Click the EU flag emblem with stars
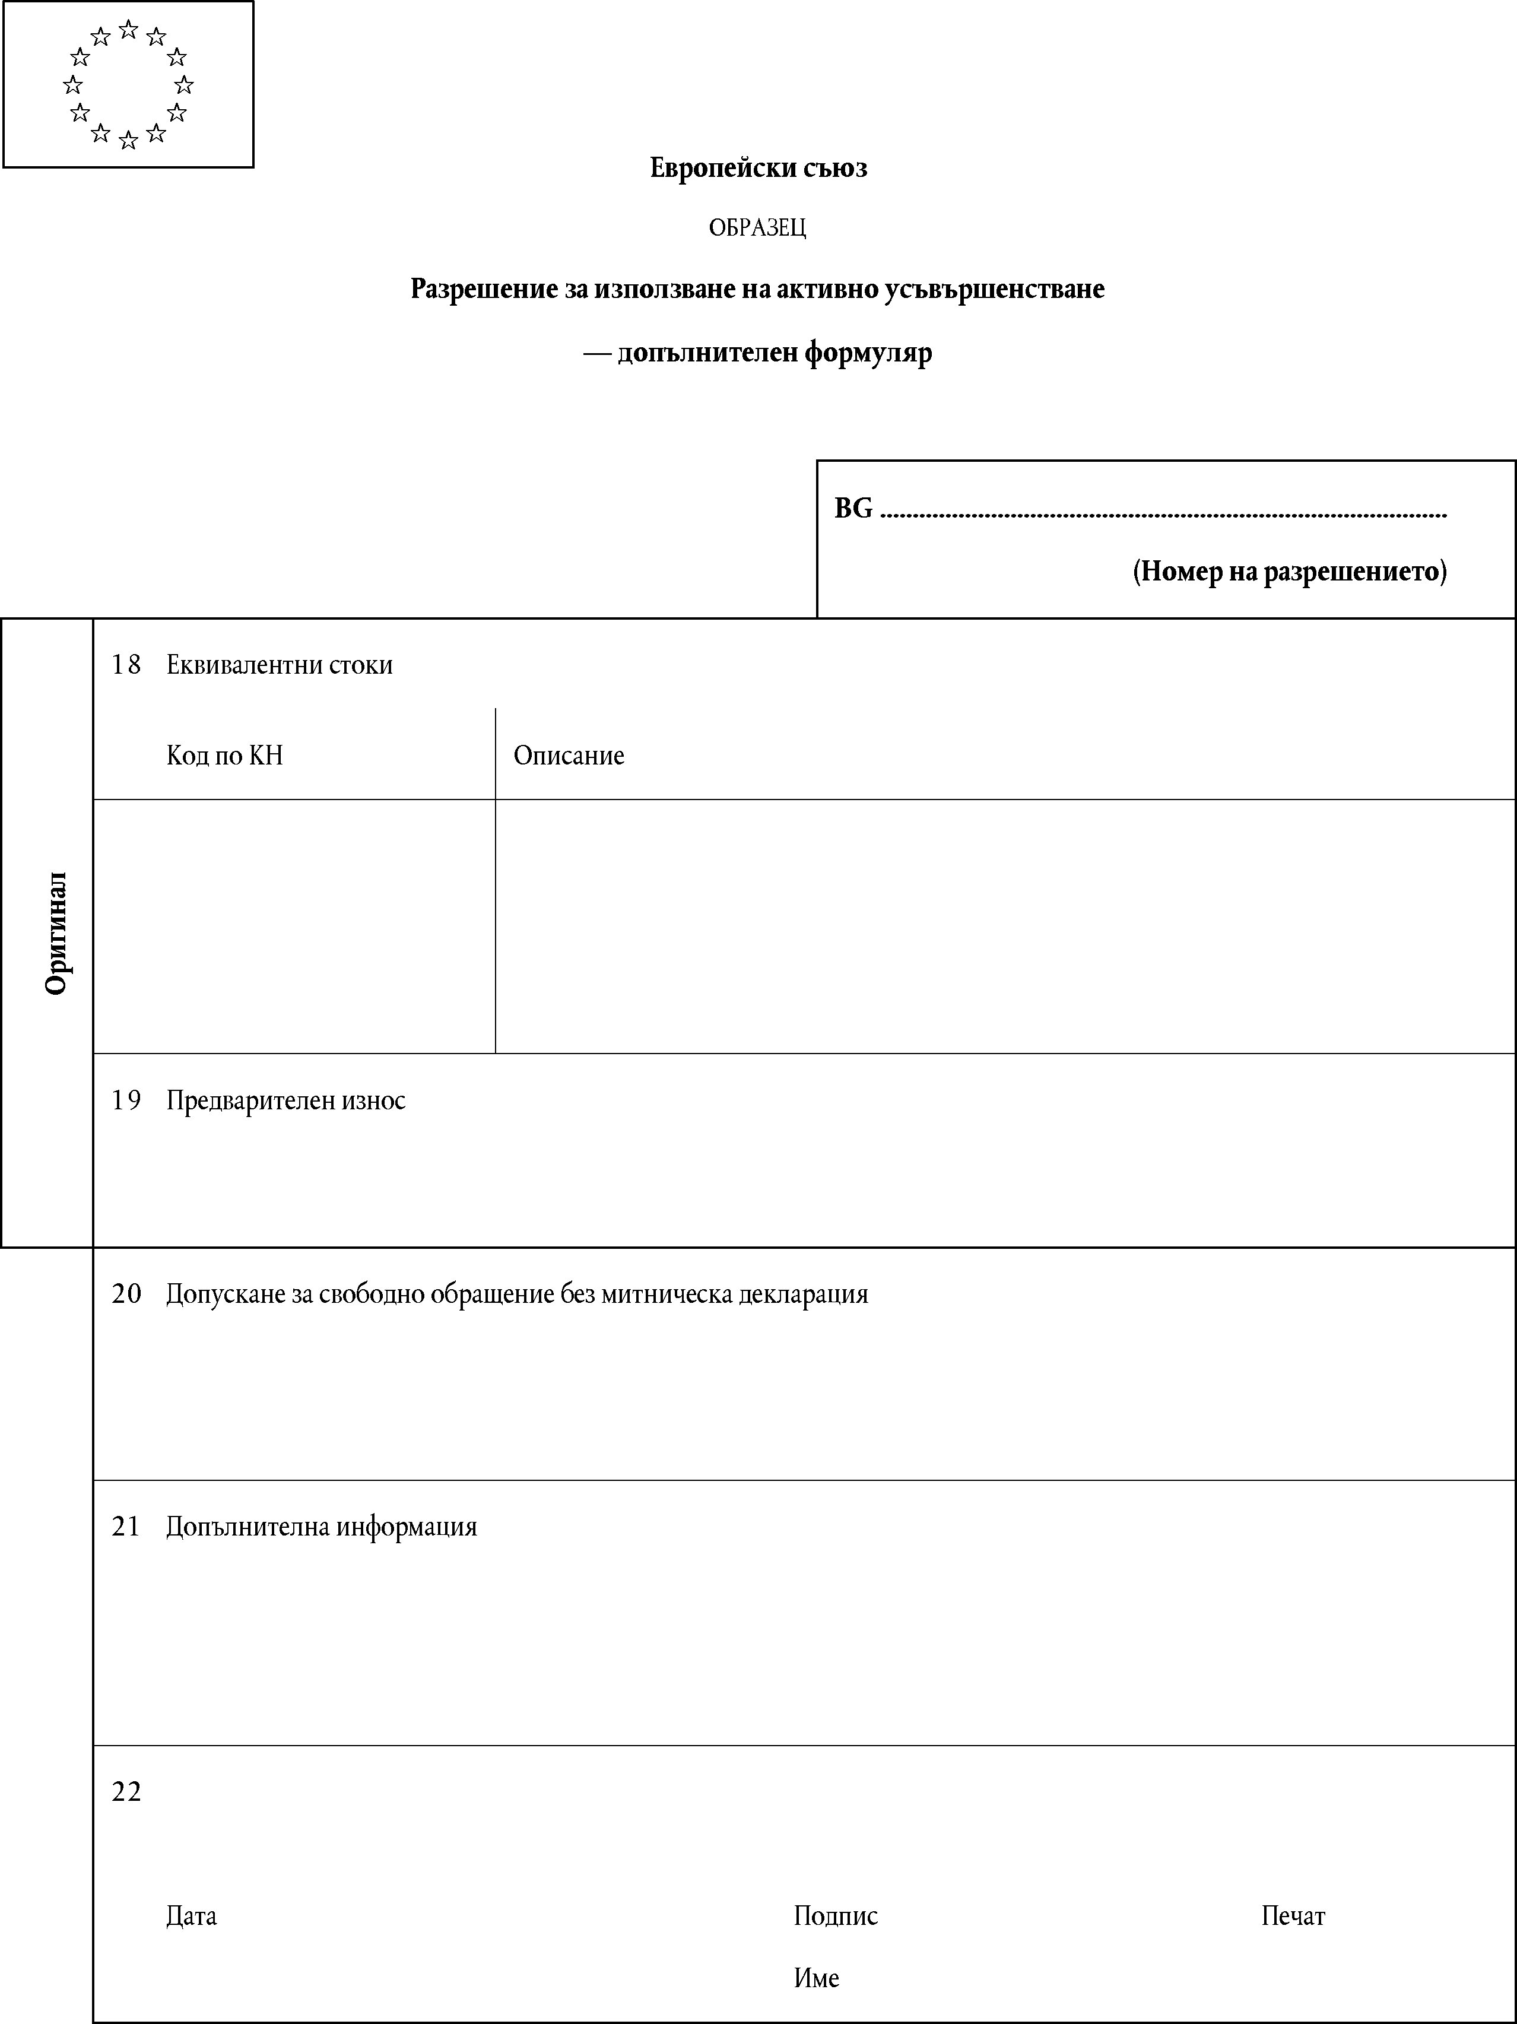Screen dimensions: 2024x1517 coord(128,84)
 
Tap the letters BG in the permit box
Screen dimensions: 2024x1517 coord(853,509)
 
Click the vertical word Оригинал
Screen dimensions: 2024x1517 coord(57,932)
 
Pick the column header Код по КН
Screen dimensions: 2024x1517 coord(224,756)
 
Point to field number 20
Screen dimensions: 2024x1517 coord(126,1295)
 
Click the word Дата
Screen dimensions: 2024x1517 coord(191,1916)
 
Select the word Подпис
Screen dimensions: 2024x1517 coord(835,1916)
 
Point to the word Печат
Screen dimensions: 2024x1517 coord(1293,1916)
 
